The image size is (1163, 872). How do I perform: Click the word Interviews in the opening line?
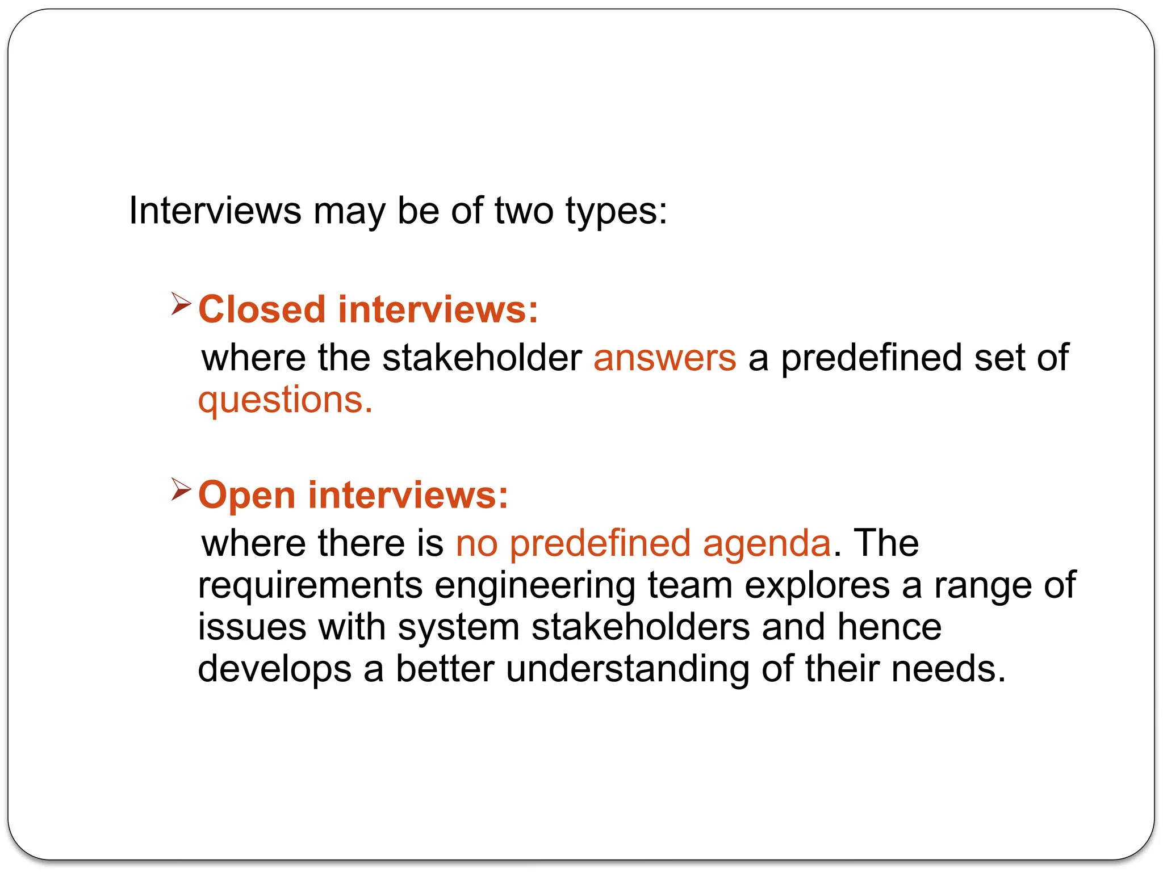[x=215, y=211]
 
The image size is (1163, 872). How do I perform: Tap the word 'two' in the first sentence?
[x=524, y=211]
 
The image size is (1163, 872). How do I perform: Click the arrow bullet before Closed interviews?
[x=181, y=304]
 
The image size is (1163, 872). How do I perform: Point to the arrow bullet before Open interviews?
[x=181, y=489]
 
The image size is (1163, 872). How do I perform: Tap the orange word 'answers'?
[x=664, y=358]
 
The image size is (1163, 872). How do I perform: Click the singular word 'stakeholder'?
[x=482, y=358]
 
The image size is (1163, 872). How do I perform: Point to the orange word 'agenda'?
[x=767, y=543]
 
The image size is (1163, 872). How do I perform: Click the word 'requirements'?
[x=310, y=586]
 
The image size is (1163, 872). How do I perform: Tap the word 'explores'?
[x=817, y=586]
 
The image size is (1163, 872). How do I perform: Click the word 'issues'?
[x=252, y=627]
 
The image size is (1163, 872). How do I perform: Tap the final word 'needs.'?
[x=948, y=669]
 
